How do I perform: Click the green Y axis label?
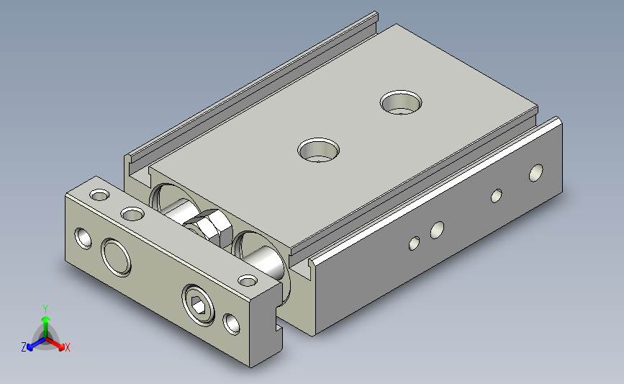point(45,309)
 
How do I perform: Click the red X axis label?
point(67,347)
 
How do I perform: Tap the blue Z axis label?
point(24,347)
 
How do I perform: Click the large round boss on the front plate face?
point(116,257)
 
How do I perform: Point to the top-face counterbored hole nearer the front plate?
point(318,150)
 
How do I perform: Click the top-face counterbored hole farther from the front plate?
point(401,102)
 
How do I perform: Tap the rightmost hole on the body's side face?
point(535,173)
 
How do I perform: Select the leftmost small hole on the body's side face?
point(414,243)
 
